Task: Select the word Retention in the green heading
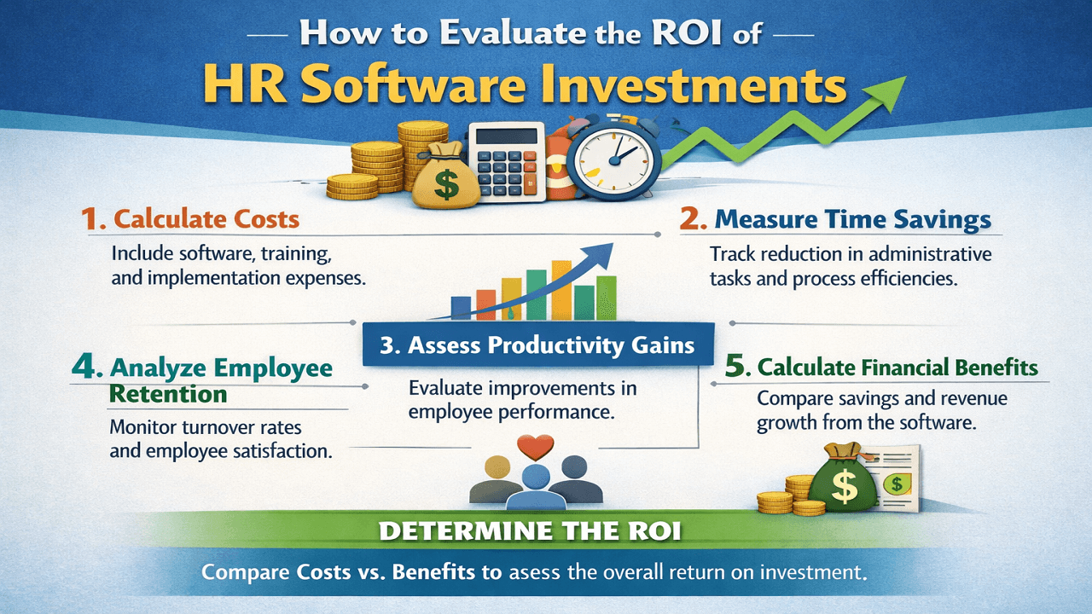tap(168, 394)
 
